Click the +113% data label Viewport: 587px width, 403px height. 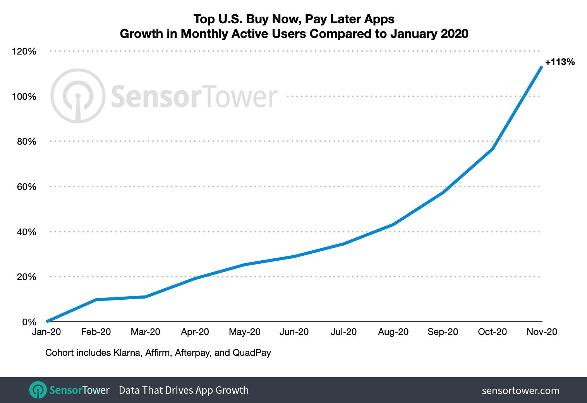[x=560, y=62]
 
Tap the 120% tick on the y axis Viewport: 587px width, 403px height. [x=24, y=51]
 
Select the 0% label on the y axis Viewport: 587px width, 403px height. [x=29, y=322]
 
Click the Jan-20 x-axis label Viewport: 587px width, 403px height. [x=46, y=332]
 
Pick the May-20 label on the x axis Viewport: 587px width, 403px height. [x=245, y=332]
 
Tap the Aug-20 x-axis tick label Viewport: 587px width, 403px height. [x=393, y=332]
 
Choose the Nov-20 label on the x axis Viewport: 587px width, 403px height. [x=542, y=332]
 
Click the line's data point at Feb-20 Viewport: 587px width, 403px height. [x=96, y=300]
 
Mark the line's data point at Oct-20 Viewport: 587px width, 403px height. [x=492, y=149]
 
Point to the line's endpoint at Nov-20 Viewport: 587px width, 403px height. [x=541, y=67]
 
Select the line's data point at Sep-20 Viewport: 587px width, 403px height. [x=443, y=192]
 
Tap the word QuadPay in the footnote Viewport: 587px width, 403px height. [x=252, y=353]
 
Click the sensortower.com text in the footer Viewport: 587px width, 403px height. [x=520, y=391]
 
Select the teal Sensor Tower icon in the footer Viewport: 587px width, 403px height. [x=38, y=390]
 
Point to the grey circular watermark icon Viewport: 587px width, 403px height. [x=78, y=96]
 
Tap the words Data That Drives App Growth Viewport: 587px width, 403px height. [x=184, y=390]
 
